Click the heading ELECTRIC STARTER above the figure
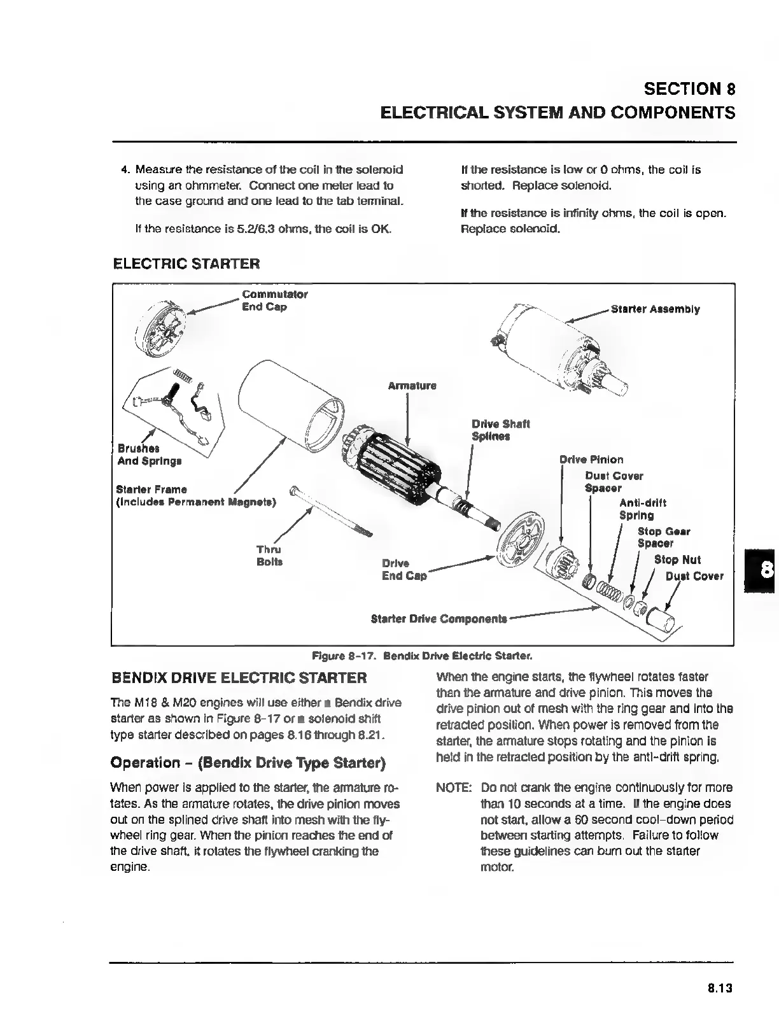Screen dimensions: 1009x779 tap(186, 264)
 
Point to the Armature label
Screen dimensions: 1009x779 tap(412, 386)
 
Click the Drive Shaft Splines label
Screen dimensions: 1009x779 tap(500, 430)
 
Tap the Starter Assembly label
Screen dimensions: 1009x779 tap(655, 309)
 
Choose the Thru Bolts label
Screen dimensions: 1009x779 tap(269, 556)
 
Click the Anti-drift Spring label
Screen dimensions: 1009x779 tap(642, 509)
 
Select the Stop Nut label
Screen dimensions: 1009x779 tap(677, 560)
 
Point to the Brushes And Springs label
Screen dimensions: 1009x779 tap(149, 455)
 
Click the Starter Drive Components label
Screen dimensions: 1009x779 tap(439, 619)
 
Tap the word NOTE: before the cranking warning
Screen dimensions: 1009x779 tap(453, 787)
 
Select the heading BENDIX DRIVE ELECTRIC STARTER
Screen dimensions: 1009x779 tap(239, 678)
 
